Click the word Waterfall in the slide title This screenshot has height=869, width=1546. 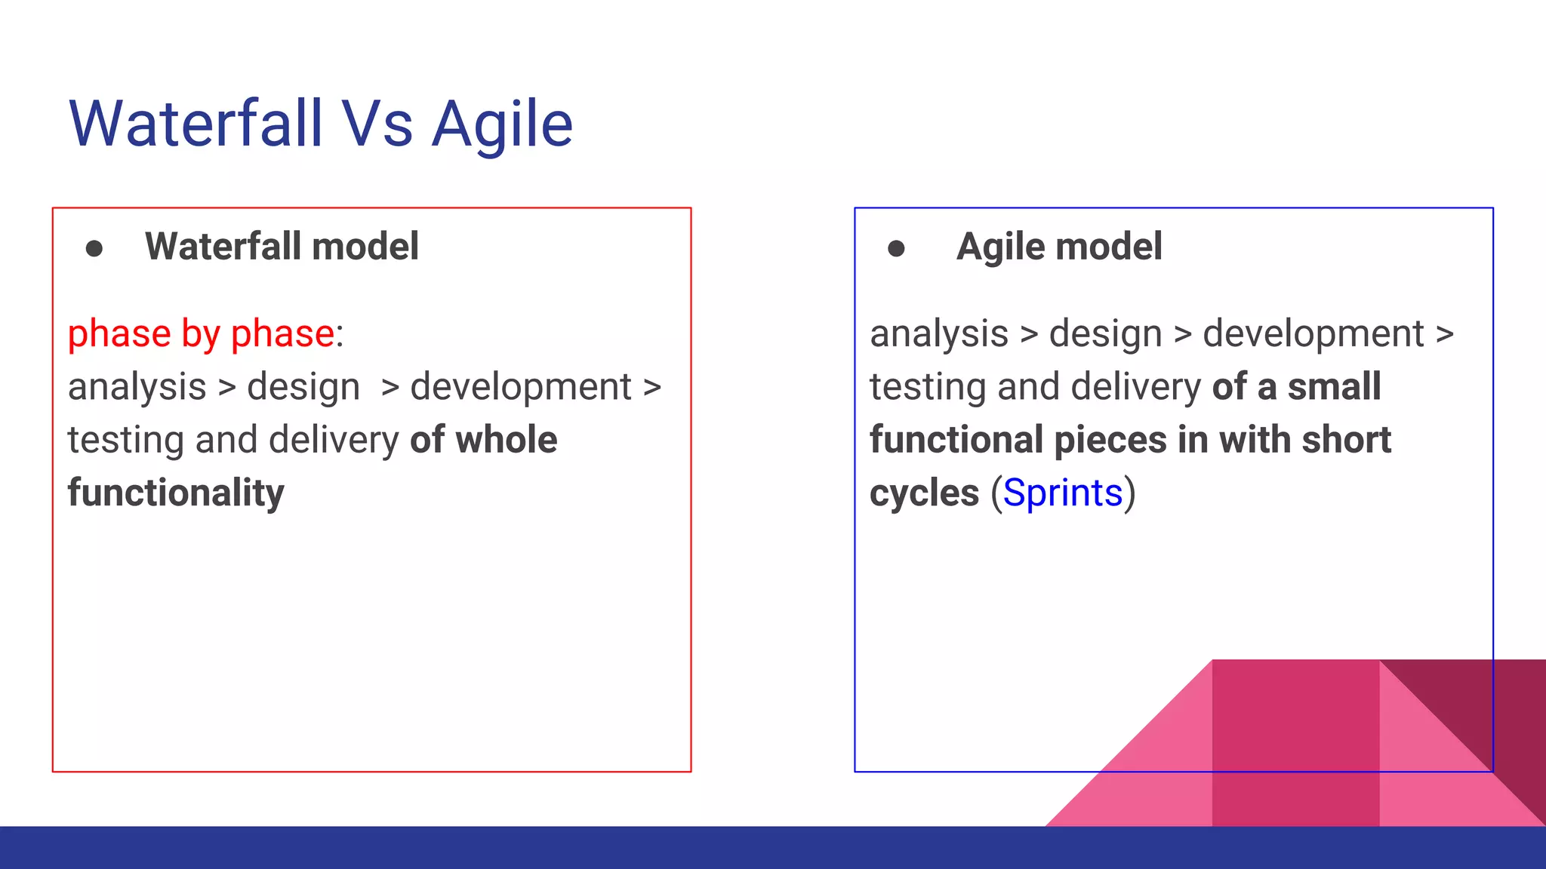(x=196, y=124)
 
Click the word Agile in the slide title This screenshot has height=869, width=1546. (x=502, y=124)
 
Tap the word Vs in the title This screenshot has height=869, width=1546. (x=377, y=124)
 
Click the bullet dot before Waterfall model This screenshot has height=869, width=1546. (x=94, y=248)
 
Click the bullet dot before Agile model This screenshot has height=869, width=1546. (x=896, y=248)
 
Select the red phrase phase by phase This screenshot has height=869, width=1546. (x=201, y=334)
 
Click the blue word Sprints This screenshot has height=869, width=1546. (x=1063, y=493)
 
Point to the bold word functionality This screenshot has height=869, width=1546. (x=176, y=493)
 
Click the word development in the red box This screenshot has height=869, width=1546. (x=521, y=387)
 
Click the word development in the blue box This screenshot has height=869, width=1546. (x=1313, y=334)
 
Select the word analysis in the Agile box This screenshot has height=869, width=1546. (x=939, y=334)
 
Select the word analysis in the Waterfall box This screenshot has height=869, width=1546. (x=137, y=387)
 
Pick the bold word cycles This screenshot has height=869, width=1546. (x=924, y=493)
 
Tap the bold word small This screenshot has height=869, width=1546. (x=1334, y=387)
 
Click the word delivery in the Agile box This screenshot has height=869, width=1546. (x=1135, y=387)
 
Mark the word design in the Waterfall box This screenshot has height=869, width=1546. (x=303, y=387)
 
